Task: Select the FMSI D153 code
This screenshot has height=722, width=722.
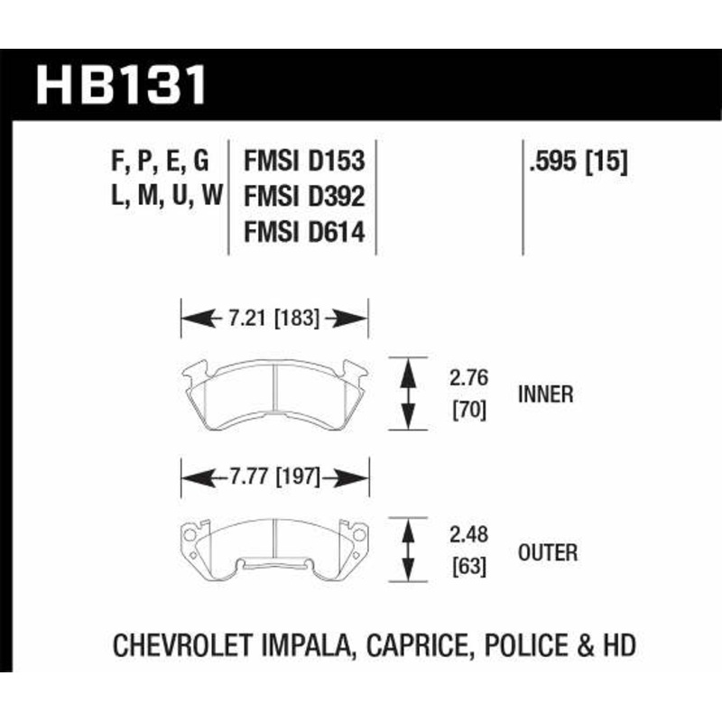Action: [x=304, y=162]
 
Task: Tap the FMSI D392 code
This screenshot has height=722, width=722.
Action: [x=304, y=198]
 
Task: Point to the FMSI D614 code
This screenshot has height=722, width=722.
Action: [x=304, y=233]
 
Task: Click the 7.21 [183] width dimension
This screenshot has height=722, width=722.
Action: [x=275, y=318]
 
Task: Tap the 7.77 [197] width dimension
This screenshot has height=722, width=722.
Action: [x=275, y=476]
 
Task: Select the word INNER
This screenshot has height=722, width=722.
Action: [x=547, y=394]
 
